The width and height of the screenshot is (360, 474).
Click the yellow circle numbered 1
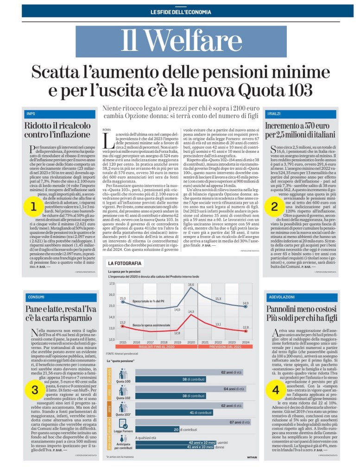33,207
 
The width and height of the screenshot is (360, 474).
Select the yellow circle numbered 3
35,390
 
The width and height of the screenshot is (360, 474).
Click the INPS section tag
31,114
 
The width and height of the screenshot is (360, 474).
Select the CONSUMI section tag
36,297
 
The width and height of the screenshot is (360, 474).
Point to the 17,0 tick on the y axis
111,283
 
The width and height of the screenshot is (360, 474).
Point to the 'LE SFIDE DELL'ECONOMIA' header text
180,12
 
